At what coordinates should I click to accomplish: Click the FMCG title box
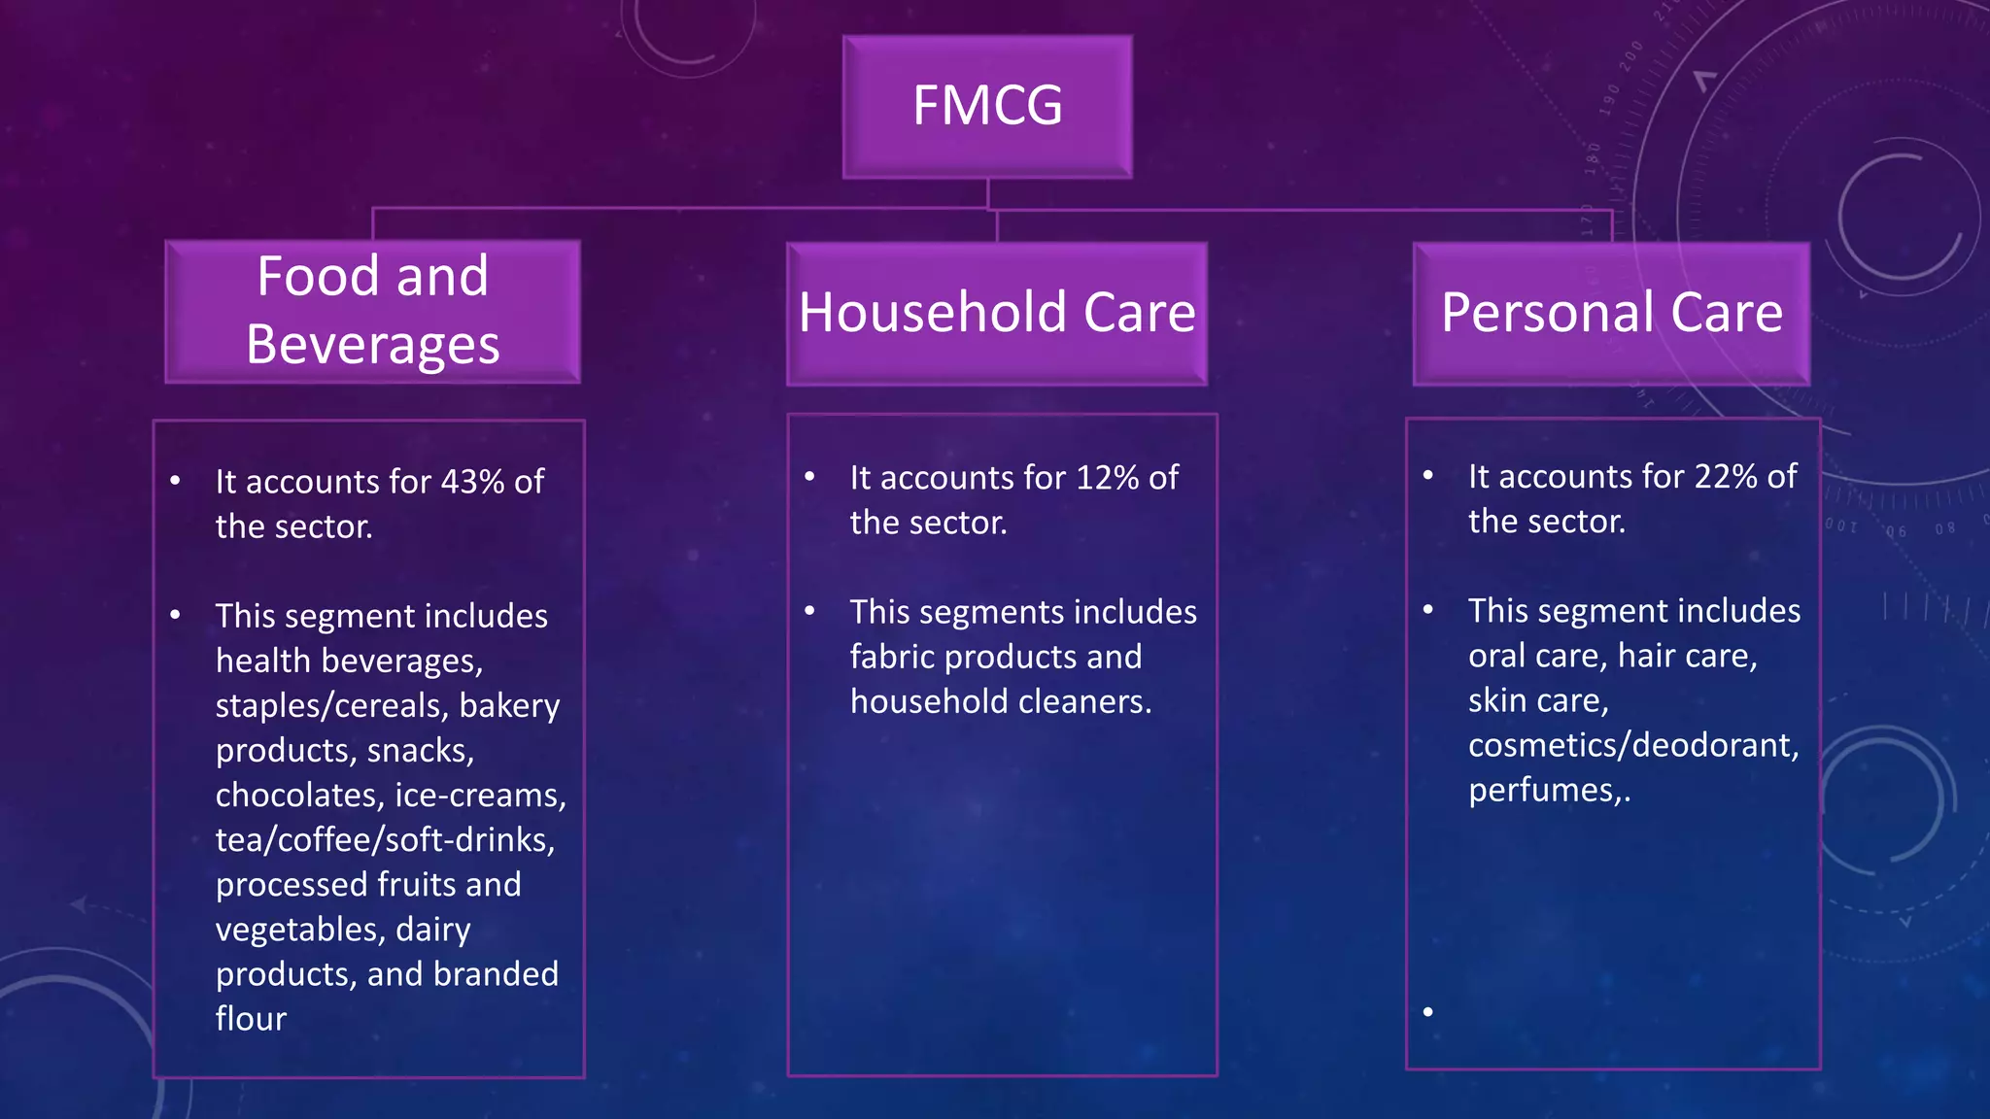point(987,107)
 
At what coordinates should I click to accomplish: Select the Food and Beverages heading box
point(373,311)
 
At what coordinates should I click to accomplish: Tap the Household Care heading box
point(997,313)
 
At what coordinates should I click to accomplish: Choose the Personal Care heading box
point(1611,313)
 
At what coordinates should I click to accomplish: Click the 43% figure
point(472,482)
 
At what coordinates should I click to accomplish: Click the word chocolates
point(297,796)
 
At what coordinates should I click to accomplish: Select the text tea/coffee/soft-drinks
point(385,840)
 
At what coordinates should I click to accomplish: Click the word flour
point(251,1019)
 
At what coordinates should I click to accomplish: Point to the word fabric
point(892,658)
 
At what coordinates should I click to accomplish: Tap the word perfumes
point(1540,791)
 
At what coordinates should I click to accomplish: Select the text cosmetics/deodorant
point(1632,746)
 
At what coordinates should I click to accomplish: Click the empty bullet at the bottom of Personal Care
point(1427,1012)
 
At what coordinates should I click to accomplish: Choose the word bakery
point(509,706)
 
